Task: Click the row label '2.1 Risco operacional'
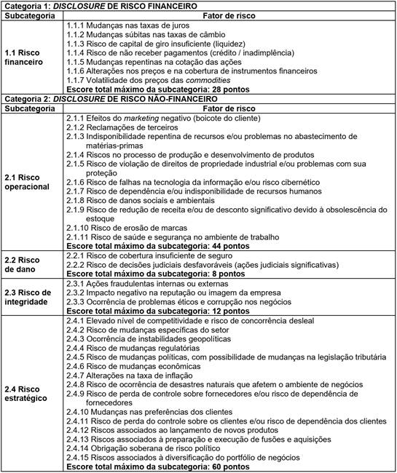(28, 181)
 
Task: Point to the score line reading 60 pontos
(149, 466)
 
